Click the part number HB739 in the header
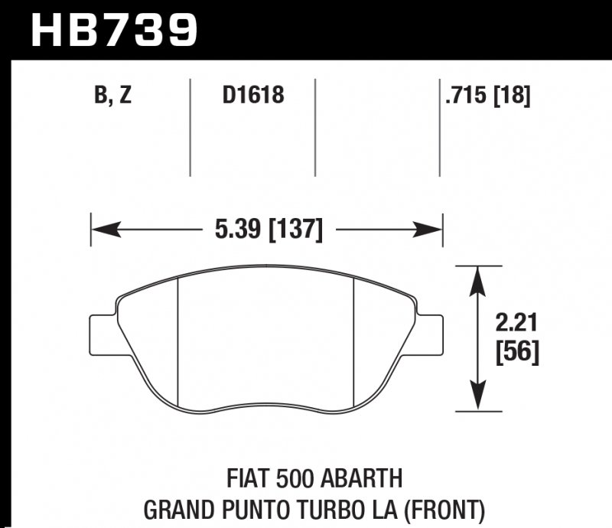(113, 29)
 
